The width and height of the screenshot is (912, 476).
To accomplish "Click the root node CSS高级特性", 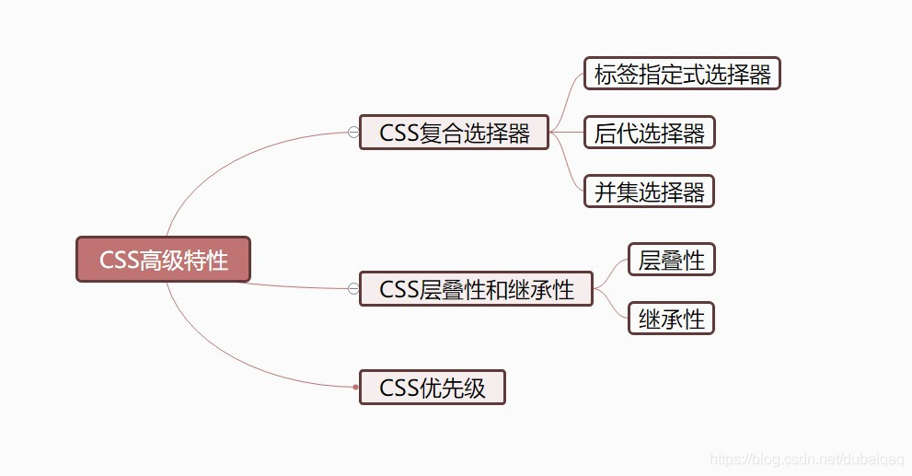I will pyautogui.click(x=163, y=260).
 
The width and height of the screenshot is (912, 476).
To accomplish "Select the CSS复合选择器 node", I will pyautogui.click(x=455, y=133).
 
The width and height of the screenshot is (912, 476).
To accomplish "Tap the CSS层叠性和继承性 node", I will pyautogui.click(x=476, y=289).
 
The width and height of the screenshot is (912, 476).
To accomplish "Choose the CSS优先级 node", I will pyautogui.click(x=432, y=388).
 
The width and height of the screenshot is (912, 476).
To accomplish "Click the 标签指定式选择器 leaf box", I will pyautogui.click(x=682, y=75).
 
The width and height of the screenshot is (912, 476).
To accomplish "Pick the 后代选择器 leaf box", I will pyautogui.click(x=649, y=133).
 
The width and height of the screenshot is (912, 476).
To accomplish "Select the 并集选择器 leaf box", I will pyautogui.click(x=649, y=192).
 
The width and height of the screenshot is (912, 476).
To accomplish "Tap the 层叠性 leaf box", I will pyautogui.click(x=671, y=260).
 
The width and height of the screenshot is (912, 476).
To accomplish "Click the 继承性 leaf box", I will pyautogui.click(x=671, y=319).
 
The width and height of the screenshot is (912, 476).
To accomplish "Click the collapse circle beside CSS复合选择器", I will pyautogui.click(x=353, y=133).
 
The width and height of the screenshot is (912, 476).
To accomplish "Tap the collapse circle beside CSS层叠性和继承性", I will pyautogui.click(x=353, y=289).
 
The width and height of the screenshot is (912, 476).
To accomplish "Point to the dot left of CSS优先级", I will pyautogui.click(x=355, y=388).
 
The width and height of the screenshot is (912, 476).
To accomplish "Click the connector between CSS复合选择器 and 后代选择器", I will pyautogui.click(x=567, y=133).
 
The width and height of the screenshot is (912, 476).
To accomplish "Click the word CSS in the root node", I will pyautogui.click(x=119, y=261).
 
